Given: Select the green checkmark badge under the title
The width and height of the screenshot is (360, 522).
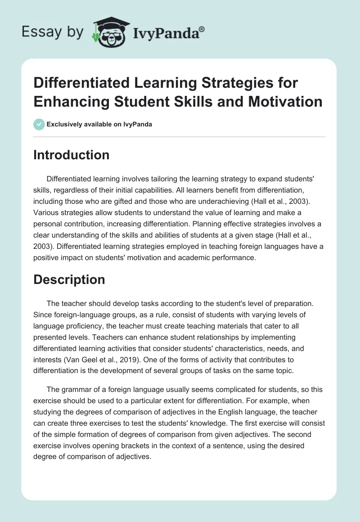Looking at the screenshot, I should pos(39,124).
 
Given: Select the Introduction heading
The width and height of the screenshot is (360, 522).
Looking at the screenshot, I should pos(72,155).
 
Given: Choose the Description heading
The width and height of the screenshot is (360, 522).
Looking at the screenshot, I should pos(69,279).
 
